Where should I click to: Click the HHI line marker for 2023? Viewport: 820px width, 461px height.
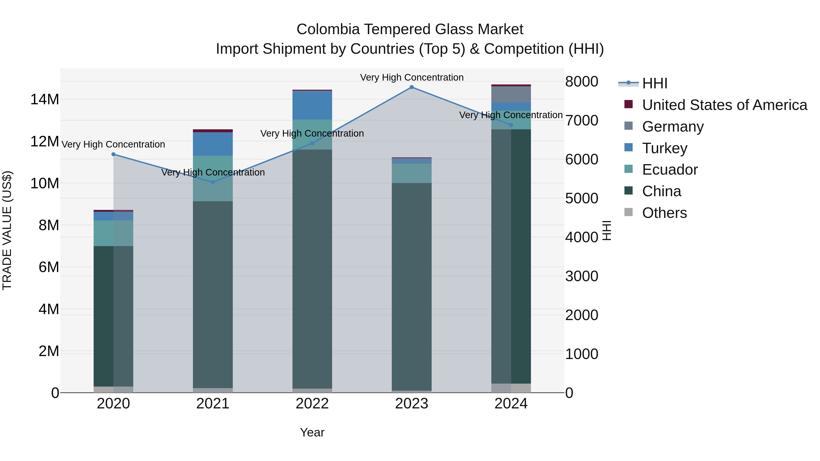point(412,87)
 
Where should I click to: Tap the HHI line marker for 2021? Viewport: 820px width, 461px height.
point(213,182)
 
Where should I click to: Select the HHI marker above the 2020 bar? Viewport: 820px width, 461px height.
point(113,154)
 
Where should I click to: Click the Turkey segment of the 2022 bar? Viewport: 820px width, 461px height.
point(312,105)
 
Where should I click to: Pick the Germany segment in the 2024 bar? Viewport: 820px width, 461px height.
point(511,94)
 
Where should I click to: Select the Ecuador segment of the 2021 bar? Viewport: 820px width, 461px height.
point(213,178)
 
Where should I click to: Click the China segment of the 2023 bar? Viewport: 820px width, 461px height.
point(412,286)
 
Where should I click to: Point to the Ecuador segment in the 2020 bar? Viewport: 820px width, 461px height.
point(113,233)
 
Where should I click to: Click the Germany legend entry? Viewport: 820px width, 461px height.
point(673,127)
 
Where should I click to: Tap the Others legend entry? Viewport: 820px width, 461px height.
point(664,213)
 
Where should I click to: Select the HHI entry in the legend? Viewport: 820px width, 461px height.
point(654,83)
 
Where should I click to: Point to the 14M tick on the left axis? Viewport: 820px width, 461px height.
point(45,99)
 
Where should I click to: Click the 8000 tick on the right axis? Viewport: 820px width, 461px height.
point(582,82)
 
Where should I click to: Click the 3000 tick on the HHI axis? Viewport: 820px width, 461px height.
point(582,276)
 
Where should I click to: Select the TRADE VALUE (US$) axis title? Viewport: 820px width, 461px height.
point(7,230)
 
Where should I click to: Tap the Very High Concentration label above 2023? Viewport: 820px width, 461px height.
point(412,78)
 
